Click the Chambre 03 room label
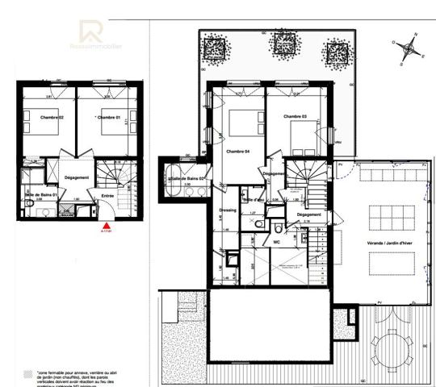coord(295,117)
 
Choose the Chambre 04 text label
coord(238,152)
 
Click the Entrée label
coord(107,194)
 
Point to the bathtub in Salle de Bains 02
coord(175,177)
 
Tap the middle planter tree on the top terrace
coord(283,44)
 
